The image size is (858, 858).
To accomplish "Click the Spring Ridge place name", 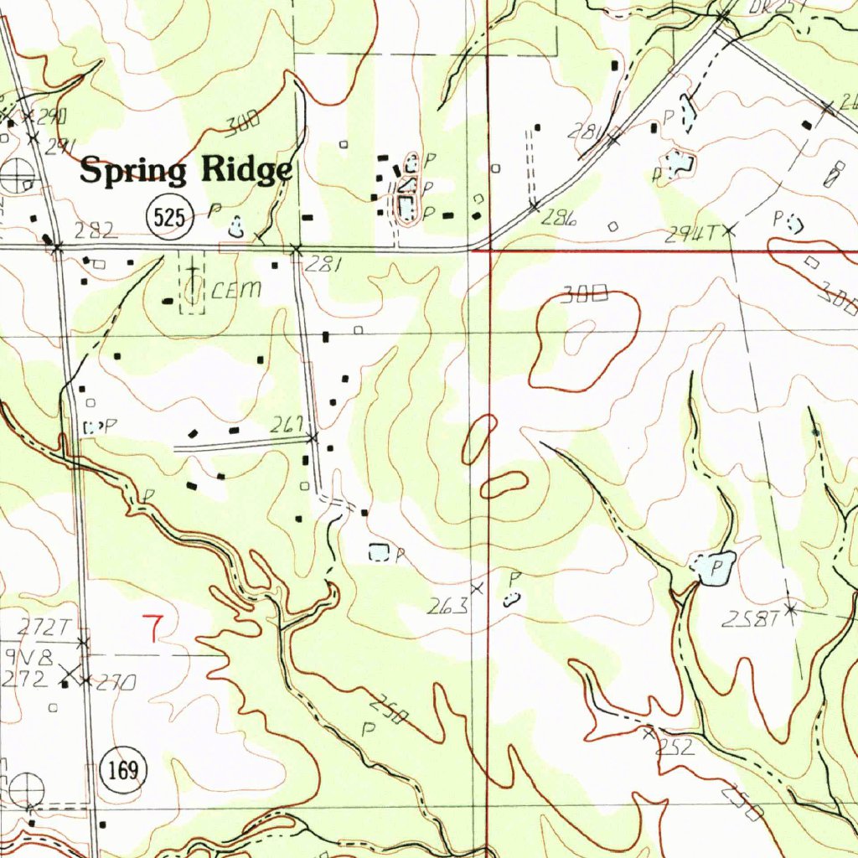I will click(x=186, y=171).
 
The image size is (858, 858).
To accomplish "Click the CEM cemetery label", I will click(x=236, y=291).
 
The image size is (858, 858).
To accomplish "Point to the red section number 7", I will click(x=152, y=628).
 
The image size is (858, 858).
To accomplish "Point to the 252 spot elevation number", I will click(x=675, y=747).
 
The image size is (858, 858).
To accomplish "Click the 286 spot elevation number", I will click(x=559, y=220).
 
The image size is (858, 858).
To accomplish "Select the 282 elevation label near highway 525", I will click(x=96, y=230).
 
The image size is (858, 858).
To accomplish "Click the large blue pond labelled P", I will click(x=713, y=568).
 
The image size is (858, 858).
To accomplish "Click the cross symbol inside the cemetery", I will click(x=193, y=271).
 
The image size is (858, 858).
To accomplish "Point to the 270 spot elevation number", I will click(x=115, y=684).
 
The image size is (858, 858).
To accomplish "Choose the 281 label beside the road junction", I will click(x=323, y=266).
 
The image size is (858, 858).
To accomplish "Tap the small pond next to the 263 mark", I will click(x=509, y=598).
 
